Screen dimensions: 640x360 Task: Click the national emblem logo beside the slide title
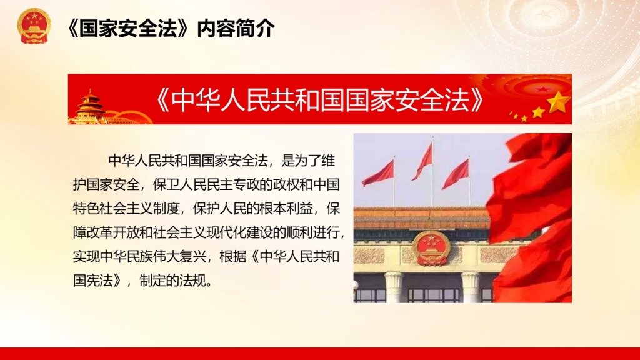pyautogui.click(x=34, y=26)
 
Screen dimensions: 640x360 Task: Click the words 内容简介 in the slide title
pyautogui.click(x=236, y=29)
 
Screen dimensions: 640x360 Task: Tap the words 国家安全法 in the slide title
pyautogui.click(x=128, y=29)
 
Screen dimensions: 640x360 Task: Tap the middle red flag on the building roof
pyautogui.click(x=423, y=161)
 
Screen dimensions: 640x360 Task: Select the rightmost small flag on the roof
pyautogui.click(x=456, y=174)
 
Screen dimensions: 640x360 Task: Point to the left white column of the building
pyautogui.click(x=394, y=287)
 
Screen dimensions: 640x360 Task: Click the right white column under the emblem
pyautogui.click(x=471, y=287)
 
